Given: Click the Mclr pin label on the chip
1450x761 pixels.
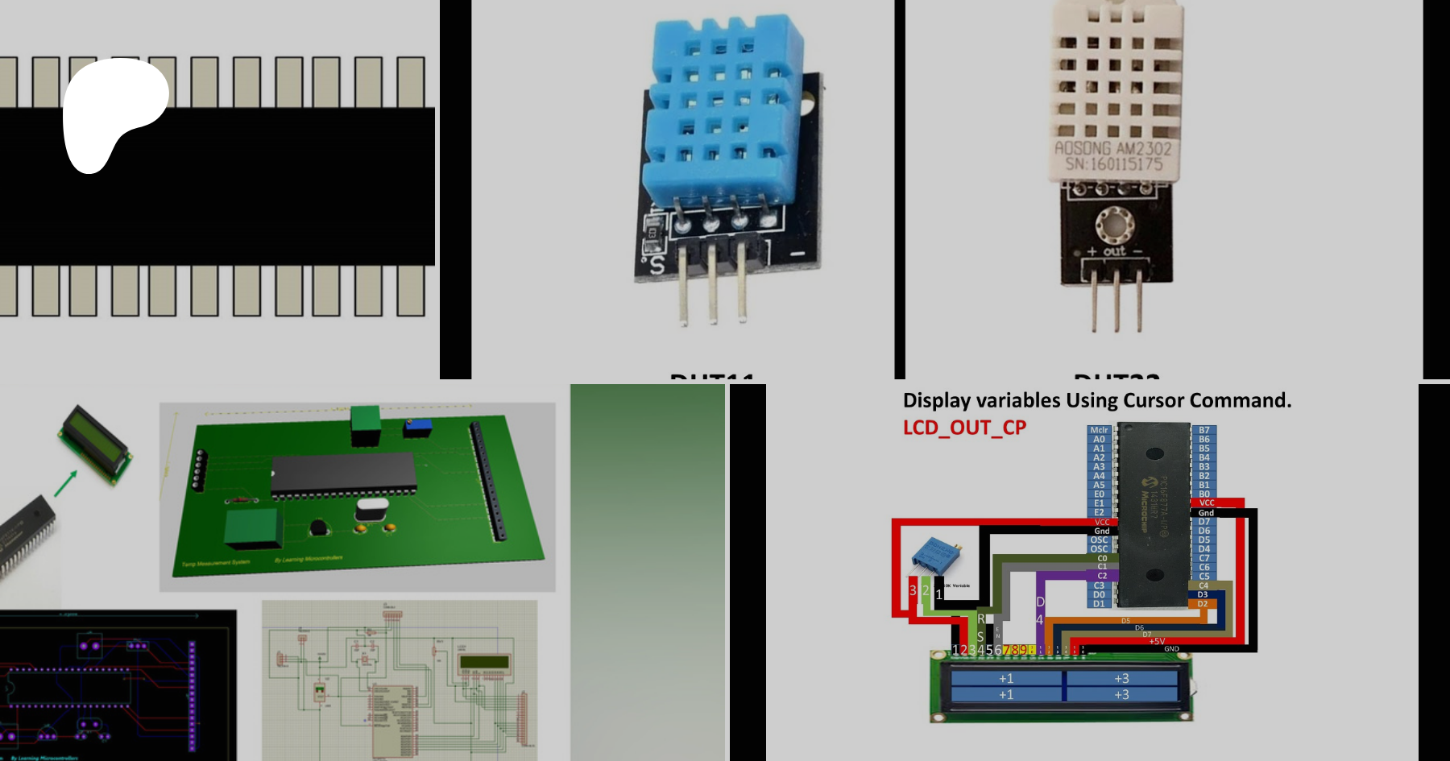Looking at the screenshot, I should click(x=1099, y=430).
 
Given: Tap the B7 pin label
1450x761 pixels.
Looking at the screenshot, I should click(x=1203, y=430).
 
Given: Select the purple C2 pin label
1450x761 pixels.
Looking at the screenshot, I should click(x=1101, y=576).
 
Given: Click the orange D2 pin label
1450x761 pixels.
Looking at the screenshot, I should click(x=1202, y=603).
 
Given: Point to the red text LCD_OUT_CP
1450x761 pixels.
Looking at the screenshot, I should click(x=964, y=428).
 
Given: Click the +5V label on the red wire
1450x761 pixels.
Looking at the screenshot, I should click(x=1157, y=641).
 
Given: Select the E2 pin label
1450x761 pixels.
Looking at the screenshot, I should click(x=1099, y=512).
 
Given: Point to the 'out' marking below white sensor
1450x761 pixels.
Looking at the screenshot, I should click(x=1114, y=251).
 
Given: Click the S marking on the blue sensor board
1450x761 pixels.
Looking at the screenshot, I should click(x=657, y=264).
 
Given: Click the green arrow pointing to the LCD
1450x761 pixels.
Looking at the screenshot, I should click(x=65, y=483).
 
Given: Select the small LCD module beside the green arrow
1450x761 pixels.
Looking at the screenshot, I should click(x=95, y=445).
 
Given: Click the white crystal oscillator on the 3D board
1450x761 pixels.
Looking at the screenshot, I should click(x=371, y=509).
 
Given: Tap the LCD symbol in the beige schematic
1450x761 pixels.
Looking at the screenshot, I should click(x=483, y=664).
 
